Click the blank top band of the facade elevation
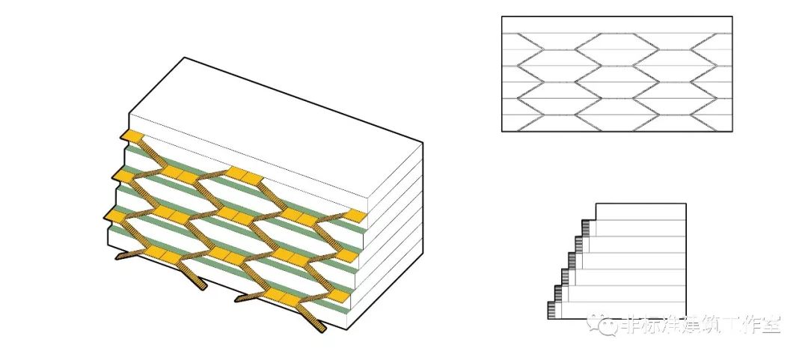pos(616,25)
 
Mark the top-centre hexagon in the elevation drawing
pos(616,50)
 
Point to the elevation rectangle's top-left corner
pos(502,16)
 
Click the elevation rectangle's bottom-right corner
pos(732,132)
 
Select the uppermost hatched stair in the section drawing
pos(587,226)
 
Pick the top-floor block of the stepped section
pos(640,211)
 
